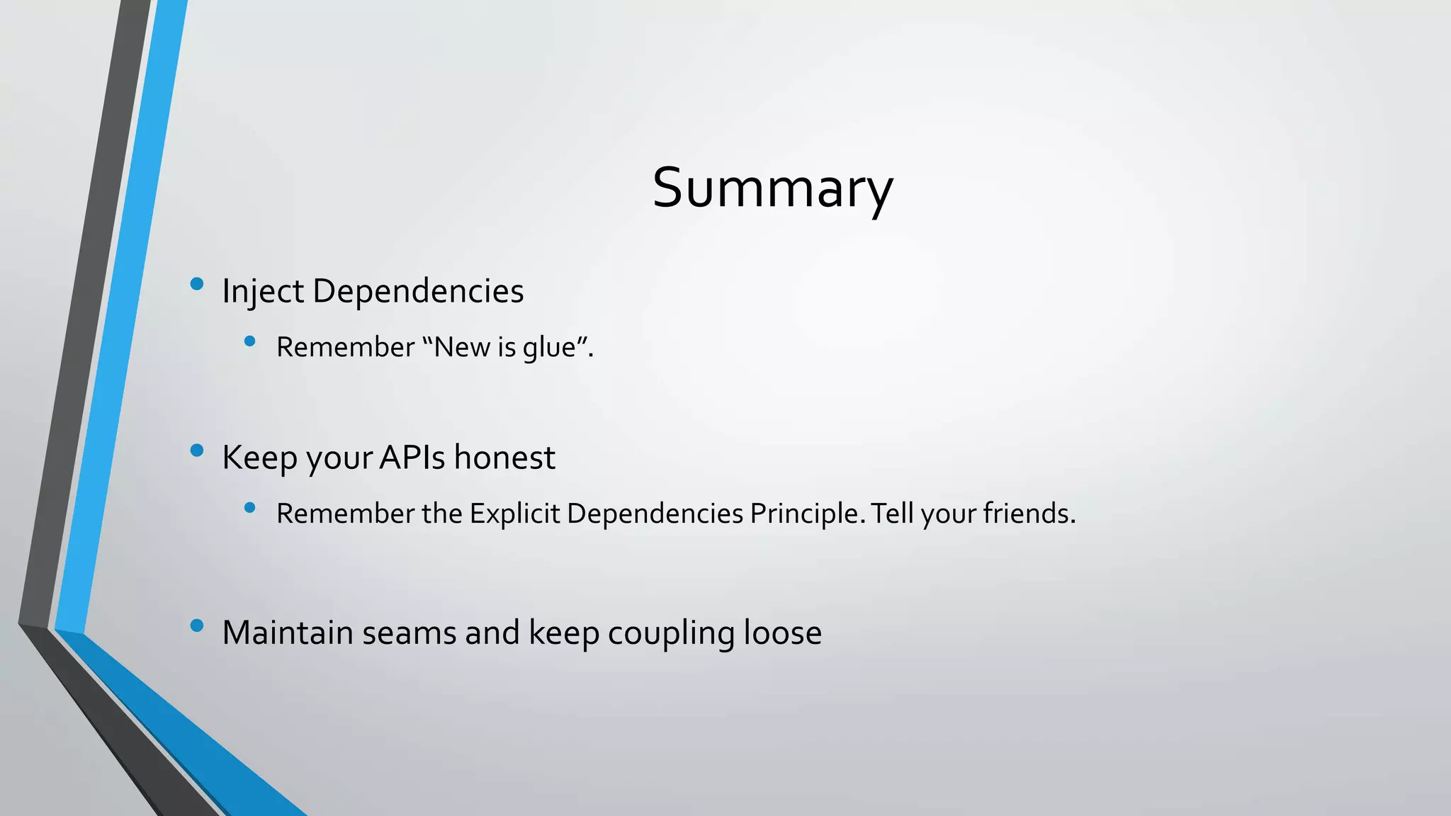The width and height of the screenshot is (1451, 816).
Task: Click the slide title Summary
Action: point(772,188)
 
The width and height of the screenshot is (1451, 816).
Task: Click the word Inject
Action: point(263,291)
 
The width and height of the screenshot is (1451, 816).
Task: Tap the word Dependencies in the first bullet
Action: point(417,291)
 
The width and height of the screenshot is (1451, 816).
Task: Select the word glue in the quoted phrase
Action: point(548,348)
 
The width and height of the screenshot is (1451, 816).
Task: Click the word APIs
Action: point(412,458)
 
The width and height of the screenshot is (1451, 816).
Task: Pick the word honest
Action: point(504,458)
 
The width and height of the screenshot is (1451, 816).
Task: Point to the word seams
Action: point(409,633)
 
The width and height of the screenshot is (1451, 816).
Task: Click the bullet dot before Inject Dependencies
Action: point(197,284)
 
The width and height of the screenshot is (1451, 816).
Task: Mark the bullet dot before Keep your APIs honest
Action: point(197,450)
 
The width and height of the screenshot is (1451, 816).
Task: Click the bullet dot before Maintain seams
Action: point(197,625)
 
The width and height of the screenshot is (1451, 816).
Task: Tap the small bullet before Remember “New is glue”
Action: point(249,341)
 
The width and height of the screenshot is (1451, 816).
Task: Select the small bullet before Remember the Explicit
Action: point(249,507)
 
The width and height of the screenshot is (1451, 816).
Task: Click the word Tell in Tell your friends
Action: point(892,514)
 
